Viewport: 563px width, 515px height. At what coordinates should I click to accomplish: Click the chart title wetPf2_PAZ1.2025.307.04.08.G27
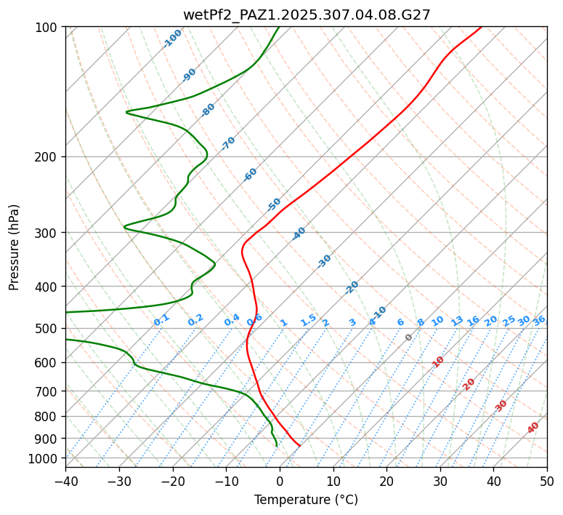click(x=306, y=14)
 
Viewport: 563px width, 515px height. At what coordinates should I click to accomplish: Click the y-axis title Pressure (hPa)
click(x=14, y=247)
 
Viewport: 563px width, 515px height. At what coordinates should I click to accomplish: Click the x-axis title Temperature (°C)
click(x=306, y=500)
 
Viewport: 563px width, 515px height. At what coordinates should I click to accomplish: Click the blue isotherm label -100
click(x=173, y=38)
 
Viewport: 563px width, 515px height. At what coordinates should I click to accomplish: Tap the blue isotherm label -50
click(x=274, y=204)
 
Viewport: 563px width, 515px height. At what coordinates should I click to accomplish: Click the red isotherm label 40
click(x=533, y=428)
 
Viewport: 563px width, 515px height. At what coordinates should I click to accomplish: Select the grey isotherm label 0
click(x=409, y=338)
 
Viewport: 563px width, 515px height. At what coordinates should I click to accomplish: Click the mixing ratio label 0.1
click(x=161, y=319)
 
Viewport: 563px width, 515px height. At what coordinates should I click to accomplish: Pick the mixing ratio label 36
click(x=539, y=320)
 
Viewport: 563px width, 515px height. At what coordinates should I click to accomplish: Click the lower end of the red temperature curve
click(x=299, y=445)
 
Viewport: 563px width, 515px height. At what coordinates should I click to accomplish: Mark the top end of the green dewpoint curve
click(x=279, y=27)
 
